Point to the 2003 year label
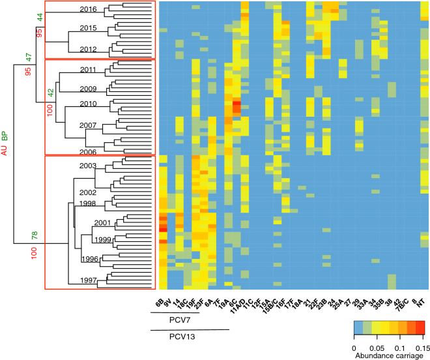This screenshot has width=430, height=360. click(x=88, y=166)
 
